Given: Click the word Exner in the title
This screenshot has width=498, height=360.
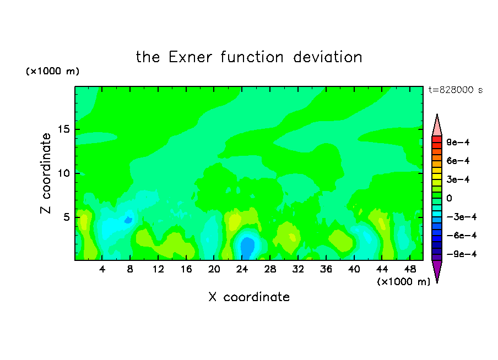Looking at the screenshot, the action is (190, 57).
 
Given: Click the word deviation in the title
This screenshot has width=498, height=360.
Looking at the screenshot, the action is (327, 57).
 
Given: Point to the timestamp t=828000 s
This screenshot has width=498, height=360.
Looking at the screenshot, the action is (456, 90).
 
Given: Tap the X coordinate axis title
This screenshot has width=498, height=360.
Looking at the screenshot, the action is (249, 297).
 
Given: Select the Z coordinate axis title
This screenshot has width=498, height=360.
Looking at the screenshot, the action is (46, 173).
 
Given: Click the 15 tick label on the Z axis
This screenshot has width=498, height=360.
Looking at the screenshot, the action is (64, 129).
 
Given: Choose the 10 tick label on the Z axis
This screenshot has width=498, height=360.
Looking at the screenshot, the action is (64, 173).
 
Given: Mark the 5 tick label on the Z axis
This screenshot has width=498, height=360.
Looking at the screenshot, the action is (67, 217).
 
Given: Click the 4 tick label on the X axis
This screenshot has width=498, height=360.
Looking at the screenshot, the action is (102, 269).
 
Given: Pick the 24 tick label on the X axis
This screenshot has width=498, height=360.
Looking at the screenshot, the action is (242, 269).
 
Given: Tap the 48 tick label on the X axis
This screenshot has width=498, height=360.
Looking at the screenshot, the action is (410, 269).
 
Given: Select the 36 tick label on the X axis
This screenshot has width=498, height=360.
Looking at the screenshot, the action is (326, 269).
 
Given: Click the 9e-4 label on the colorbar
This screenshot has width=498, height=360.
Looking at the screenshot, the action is (458, 142).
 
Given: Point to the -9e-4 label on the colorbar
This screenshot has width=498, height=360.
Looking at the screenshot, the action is (462, 254).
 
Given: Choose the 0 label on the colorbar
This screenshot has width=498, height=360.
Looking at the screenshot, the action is (449, 198).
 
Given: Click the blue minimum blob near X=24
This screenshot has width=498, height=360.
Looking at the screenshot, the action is (247, 248).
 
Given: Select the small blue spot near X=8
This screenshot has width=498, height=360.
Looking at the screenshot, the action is (128, 220).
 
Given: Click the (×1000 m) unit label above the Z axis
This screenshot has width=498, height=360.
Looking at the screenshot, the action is (53, 71).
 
